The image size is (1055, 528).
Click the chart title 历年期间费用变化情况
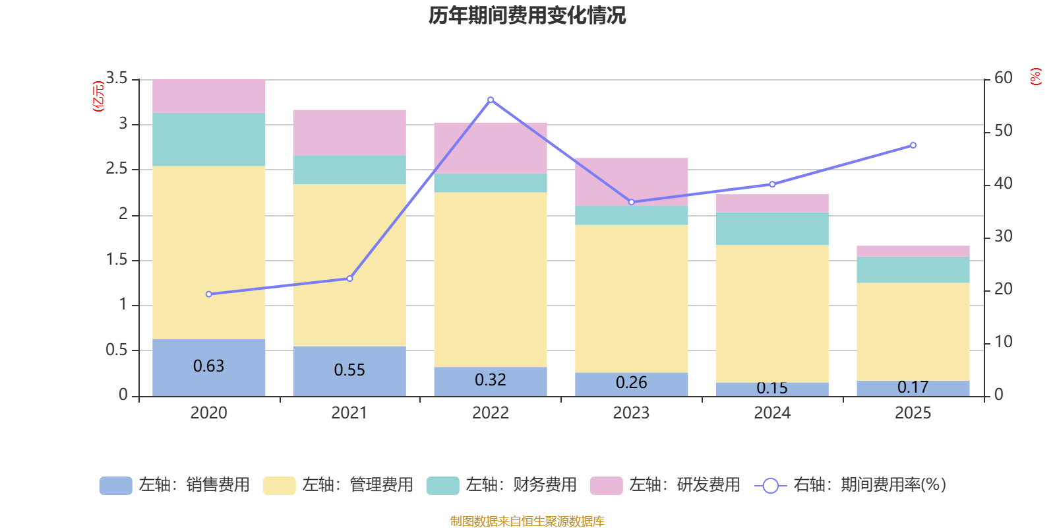tap(527, 15)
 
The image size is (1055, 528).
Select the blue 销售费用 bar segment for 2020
tap(209, 367)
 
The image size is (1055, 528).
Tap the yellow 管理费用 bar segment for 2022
tap(491, 279)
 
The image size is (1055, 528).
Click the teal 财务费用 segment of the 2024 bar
tap(772, 228)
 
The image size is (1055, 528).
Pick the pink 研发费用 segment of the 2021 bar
tap(349, 132)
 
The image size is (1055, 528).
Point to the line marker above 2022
tap(491, 100)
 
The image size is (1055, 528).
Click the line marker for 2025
tap(913, 145)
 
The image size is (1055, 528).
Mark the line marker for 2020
tap(209, 294)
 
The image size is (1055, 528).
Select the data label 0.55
tap(349, 370)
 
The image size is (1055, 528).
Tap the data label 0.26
tap(631, 383)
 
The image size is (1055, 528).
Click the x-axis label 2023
tap(631, 413)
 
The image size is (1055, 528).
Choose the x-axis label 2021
tap(349, 413)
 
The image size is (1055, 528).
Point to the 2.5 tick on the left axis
tap(117, 169)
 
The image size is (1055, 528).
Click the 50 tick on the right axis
tap(1004, 131)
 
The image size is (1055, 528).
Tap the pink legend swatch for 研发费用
tap(606, 486)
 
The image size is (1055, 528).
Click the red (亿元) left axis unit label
tap(98, 96)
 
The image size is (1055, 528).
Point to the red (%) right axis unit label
tap(1036, 77)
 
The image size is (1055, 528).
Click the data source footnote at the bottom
tap(527, 521)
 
